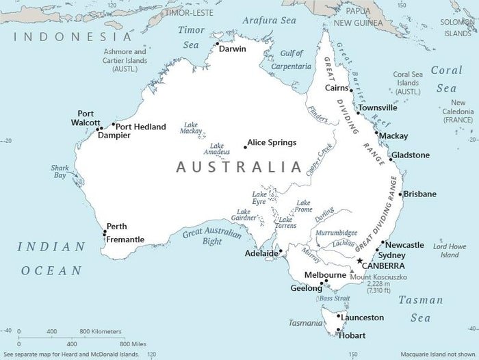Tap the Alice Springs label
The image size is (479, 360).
(x=272, y=142)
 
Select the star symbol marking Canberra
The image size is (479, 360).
(x=360, y=261)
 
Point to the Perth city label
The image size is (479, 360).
(x=116, y=227)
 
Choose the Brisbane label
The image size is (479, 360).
(x=419, y=194)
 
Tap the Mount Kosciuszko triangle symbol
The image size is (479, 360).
(x=352, y=272)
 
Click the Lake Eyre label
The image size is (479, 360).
(x=259, y=198)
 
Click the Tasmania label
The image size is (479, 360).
(x=304, y=322)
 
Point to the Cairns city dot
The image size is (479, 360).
(x=351, y=90)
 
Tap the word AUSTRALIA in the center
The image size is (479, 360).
(x=239, y=166)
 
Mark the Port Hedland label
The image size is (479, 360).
(x=140, y=127)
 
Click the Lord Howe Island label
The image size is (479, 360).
(x=449, y=250)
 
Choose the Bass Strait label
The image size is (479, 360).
(x=335, y=298)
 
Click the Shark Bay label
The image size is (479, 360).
(x=60, y=171)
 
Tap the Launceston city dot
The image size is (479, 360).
(x=339, y=317)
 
